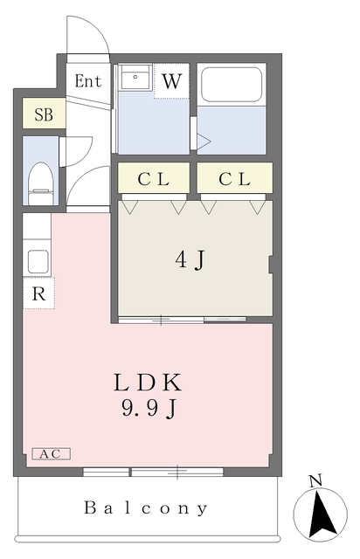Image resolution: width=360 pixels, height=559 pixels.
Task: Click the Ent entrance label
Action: click(88, 82)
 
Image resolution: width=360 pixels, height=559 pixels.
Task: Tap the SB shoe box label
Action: click(42, 114)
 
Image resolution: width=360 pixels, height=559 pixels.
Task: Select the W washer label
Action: click(171, 82)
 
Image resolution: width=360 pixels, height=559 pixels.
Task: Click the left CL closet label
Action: click(154, 179)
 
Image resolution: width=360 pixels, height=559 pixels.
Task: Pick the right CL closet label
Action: click(234, 179)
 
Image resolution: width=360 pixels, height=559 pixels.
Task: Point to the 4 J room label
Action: click(192, 259)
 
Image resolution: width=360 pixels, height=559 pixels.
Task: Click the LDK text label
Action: click(147, 383)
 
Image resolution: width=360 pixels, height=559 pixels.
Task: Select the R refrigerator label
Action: click(38, 293)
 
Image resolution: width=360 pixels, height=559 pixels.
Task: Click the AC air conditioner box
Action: click(52, 454)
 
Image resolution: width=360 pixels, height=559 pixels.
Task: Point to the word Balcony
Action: click(147, 507)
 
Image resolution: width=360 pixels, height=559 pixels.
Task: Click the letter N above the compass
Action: click(315, 480)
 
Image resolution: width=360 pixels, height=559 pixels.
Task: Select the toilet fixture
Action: click(40, 180)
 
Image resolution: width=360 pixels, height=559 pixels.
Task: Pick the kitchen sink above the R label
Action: click(38, 259)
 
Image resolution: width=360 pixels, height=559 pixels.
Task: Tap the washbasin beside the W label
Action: click(135, 79)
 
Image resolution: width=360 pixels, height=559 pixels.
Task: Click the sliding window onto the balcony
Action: click(153, 473)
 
